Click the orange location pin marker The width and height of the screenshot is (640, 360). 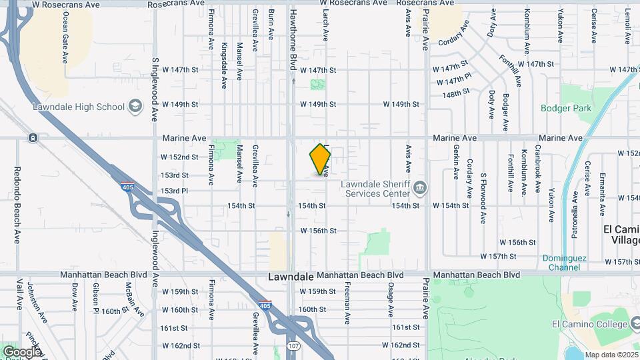coord(321,159)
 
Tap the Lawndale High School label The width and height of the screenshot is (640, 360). coord(79,107)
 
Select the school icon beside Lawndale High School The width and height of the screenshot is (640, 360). coord(135,107)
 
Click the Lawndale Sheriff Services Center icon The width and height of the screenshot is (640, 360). coord(419,186)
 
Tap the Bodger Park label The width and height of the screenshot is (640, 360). coord(565,108)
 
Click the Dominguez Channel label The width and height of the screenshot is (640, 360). coord(561,263)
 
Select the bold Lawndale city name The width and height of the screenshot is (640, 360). coord(291,276)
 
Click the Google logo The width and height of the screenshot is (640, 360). coord(21,351)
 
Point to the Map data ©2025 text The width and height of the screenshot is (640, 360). coord(612,355)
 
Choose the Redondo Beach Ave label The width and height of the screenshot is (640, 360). coord(17,205)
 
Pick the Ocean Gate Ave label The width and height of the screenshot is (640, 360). coord(65,39)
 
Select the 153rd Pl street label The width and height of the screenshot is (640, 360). coord(175,191)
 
